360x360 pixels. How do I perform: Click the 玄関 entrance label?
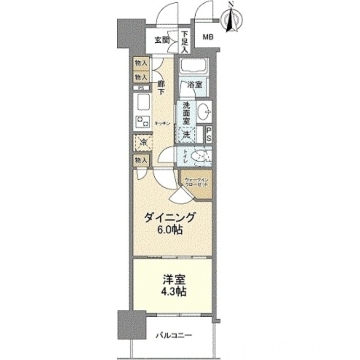pos(162,40)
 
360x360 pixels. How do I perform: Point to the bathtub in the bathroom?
pos(192,67)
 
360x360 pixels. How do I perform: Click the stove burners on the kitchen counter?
pos(144,121)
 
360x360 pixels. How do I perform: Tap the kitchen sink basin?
pos(144,101)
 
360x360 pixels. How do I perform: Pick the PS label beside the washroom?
pos(209,135)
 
